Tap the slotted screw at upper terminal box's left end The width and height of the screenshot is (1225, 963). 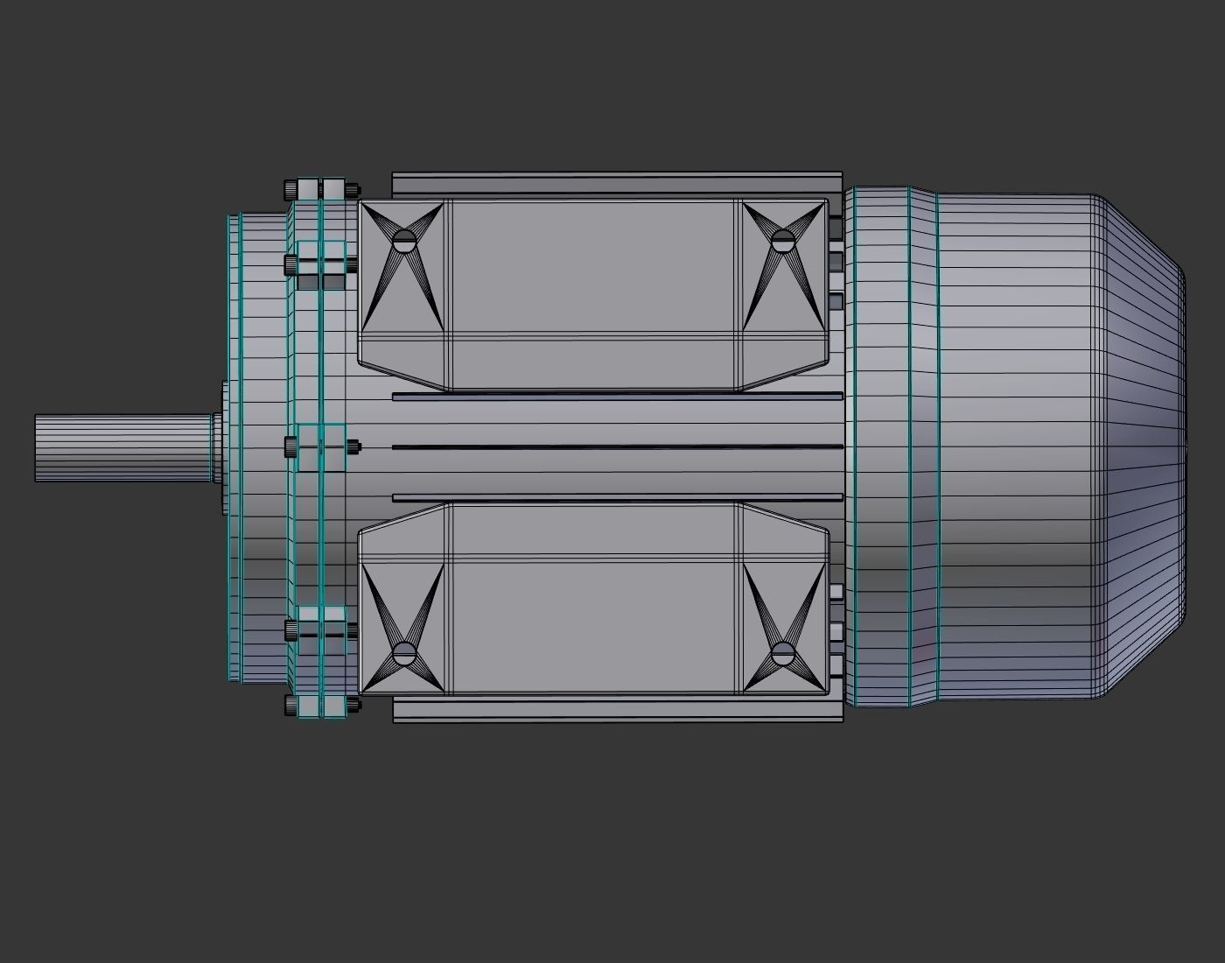tap(403, 241)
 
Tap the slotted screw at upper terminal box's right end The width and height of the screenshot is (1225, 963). tap(781, 240)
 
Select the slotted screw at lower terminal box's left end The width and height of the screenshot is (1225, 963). tap(403, 653)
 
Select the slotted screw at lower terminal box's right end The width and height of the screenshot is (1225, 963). tap(782, 652)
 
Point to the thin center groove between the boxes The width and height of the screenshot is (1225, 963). tap(617, 447)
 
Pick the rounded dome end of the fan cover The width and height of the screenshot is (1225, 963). tap(1137, 447)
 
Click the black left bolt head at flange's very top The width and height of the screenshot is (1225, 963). tap(290, 189)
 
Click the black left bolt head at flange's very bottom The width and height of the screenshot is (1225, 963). tap(290, 705)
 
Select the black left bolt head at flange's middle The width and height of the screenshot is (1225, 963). tap(290, 447)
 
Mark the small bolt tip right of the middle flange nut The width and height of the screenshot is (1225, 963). tap(354, 447)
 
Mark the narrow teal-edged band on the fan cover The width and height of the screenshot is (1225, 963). tap(923, 447)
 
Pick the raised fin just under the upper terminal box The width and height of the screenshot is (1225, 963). tap(617, 397)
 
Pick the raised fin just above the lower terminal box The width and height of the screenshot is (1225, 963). tap(617, 497)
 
